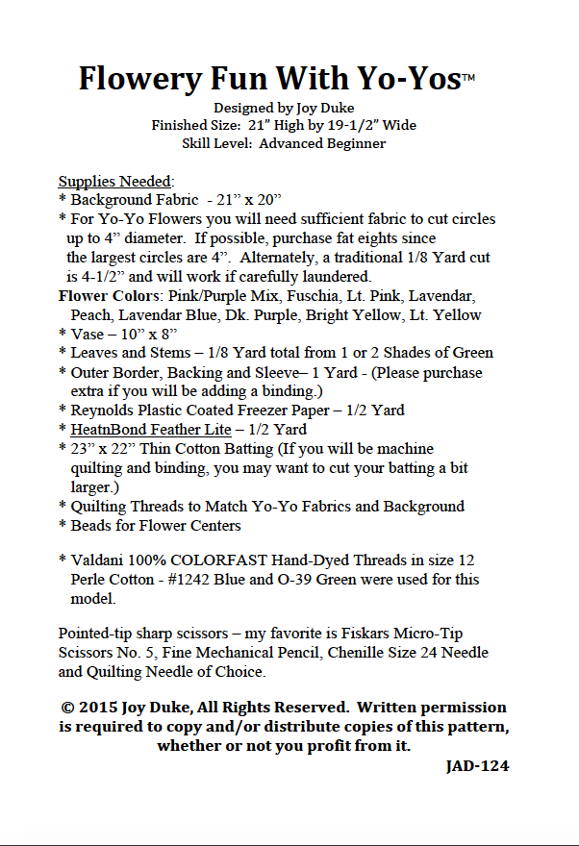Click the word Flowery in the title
click(136, 77)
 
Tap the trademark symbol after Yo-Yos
click(469, 74)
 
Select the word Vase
click(88, 334)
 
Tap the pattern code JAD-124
click(477, 766)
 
